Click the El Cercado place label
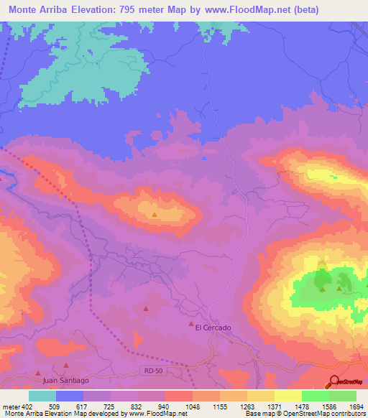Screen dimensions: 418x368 [x=213, y=328]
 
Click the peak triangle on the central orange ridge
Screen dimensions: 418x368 [x=155, y=213]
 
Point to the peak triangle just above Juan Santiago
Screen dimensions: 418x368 [x=39, y=373]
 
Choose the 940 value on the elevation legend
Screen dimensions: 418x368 [x=164, y=406]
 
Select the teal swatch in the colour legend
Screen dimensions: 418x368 [x=42, y=396]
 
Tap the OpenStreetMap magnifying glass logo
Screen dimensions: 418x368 [x=333, y=381]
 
